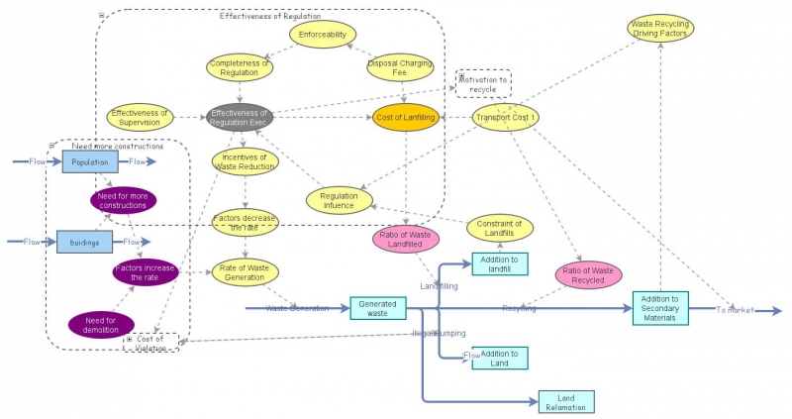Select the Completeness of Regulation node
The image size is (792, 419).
[240, 66]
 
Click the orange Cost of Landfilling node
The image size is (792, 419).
[406, 118]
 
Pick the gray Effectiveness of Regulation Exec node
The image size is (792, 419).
[240, 118]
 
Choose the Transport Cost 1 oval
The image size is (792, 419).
[505, 118]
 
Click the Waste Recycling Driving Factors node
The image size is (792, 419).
[661, 29]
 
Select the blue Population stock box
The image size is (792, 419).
[90, 161]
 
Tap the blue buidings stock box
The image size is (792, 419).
[84, 242]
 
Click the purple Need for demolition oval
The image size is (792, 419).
[101, 324]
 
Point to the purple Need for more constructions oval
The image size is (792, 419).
[124, 201]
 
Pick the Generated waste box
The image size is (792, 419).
[378, 308]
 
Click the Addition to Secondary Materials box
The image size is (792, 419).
[660, 308]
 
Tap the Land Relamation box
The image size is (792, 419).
[566, 401]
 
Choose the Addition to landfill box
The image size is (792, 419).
[499, 263]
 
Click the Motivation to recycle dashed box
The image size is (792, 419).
[483, 84]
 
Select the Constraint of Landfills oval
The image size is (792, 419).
[499, 227]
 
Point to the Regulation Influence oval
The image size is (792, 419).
[339, 201]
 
